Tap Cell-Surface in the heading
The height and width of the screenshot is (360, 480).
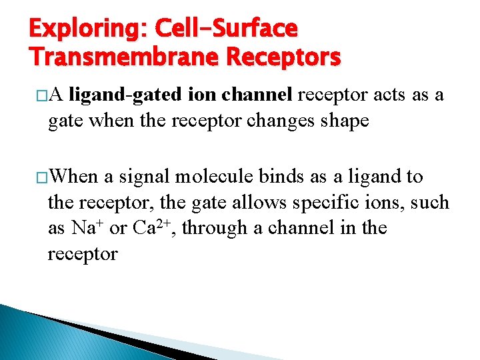(x=226, y=29)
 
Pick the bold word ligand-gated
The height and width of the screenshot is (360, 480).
(x=125, y=96)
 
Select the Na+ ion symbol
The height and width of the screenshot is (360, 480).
(x=86, y=227)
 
